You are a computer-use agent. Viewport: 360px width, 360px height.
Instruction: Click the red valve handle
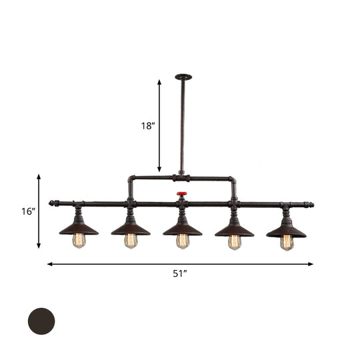click(181, 195)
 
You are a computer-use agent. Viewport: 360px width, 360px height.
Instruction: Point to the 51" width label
click(179, 273)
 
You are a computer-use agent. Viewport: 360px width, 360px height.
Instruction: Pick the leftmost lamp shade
click(79, 229)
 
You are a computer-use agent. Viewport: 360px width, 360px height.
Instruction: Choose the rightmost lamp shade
click(286, 229)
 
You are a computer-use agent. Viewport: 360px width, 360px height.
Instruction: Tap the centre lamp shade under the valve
click(182, 229)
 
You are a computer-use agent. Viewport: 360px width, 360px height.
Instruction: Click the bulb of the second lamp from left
click(131, 241)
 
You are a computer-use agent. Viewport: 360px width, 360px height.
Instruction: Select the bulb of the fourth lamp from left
click(234, 241)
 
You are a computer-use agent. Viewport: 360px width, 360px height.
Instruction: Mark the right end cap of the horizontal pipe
click(310, 203)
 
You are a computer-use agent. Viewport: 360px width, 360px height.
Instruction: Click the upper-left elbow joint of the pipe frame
click(131, 179)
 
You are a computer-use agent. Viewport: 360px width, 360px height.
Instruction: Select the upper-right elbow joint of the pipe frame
click(233, 179)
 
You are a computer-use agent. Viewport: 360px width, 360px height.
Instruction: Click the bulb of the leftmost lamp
click(79, 241)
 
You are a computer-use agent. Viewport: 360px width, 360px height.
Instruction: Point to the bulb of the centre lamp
click(182, 241)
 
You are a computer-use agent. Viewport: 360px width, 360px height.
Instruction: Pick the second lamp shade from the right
click(234, 229)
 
